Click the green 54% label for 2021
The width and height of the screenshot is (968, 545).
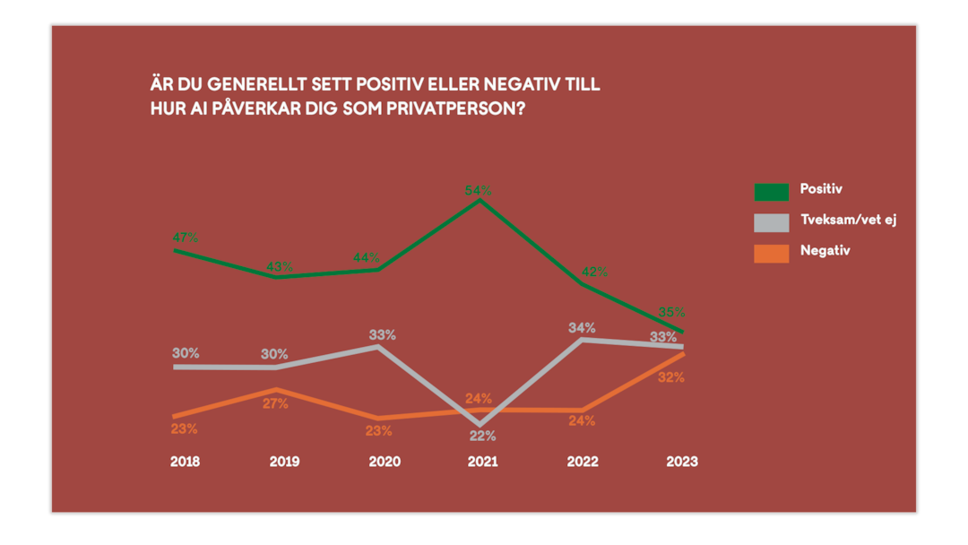click(478, 191)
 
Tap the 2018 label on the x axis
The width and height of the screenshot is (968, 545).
click(185, 462)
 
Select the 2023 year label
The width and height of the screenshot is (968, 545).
click(681, 462)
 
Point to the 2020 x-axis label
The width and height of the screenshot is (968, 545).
click(384, 462)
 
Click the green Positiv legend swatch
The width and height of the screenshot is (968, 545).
click(771, 191)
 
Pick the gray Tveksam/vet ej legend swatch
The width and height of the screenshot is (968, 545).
click(771, 222)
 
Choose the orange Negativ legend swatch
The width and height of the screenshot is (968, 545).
click(771, 253)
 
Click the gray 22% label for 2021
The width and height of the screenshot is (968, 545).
click(482, 437)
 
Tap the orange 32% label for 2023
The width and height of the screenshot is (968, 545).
click(670, 377)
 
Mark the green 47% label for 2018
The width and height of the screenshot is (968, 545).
click(186, 238)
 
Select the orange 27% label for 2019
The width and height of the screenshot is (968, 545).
click(275, 404)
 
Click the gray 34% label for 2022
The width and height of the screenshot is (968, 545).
click(582, 328)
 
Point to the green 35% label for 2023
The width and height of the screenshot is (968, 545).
click(671, 312)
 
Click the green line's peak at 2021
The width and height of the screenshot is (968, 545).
click(480, 200)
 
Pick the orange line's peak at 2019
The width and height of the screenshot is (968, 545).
click(275, 390)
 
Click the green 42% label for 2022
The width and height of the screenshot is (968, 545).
click(594, 272)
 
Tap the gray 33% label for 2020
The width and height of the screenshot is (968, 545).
click(383, 335)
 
